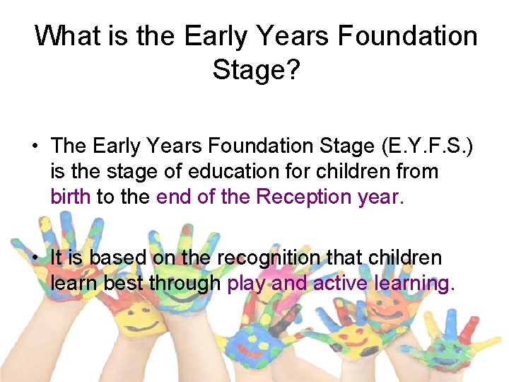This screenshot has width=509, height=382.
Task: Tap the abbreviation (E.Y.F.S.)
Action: click(427, 146)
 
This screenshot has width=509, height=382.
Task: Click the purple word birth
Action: click(70, 196)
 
